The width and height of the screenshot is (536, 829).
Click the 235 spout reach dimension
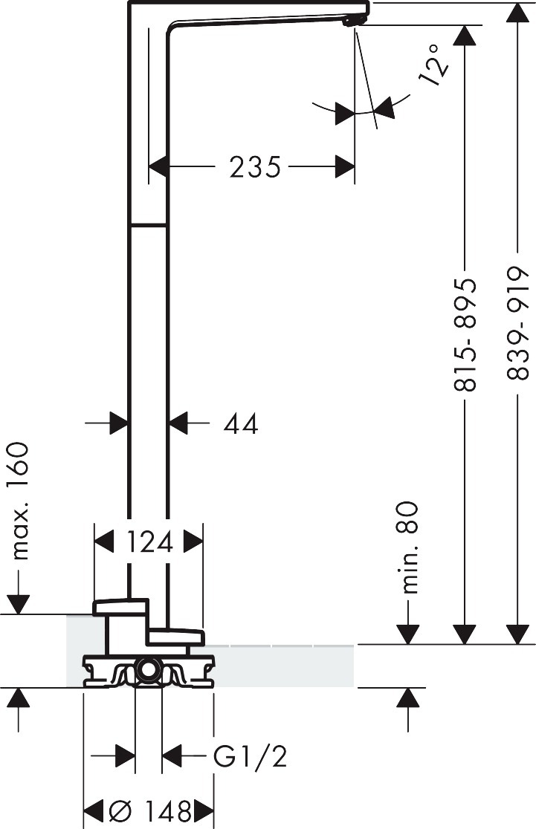tap(254, 167)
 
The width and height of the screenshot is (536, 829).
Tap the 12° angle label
tap(434, 65)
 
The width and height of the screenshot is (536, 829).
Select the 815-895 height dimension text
tap(465, 335)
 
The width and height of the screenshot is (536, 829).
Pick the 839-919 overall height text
tap(517, 323)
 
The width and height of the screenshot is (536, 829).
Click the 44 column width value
tap(241, 423)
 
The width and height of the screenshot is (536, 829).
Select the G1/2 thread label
tap(250, 756)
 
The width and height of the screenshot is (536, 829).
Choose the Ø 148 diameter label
tap(149, 810)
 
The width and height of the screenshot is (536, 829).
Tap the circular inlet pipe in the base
tap(148, 670)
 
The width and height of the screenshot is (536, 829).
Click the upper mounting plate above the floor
tap(120, 607)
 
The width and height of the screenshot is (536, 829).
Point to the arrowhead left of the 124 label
tap(104, 542)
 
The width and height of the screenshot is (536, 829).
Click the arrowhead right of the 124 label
tap(193, 542)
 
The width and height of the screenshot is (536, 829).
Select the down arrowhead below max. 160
tap(19, 605)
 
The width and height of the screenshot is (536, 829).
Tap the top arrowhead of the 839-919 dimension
tap(517, 13)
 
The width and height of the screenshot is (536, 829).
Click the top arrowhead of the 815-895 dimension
tap(465, 36)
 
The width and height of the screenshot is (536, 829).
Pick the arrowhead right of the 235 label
tap(344, 167)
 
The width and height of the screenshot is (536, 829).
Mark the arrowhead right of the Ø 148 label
tap(204, 810)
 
